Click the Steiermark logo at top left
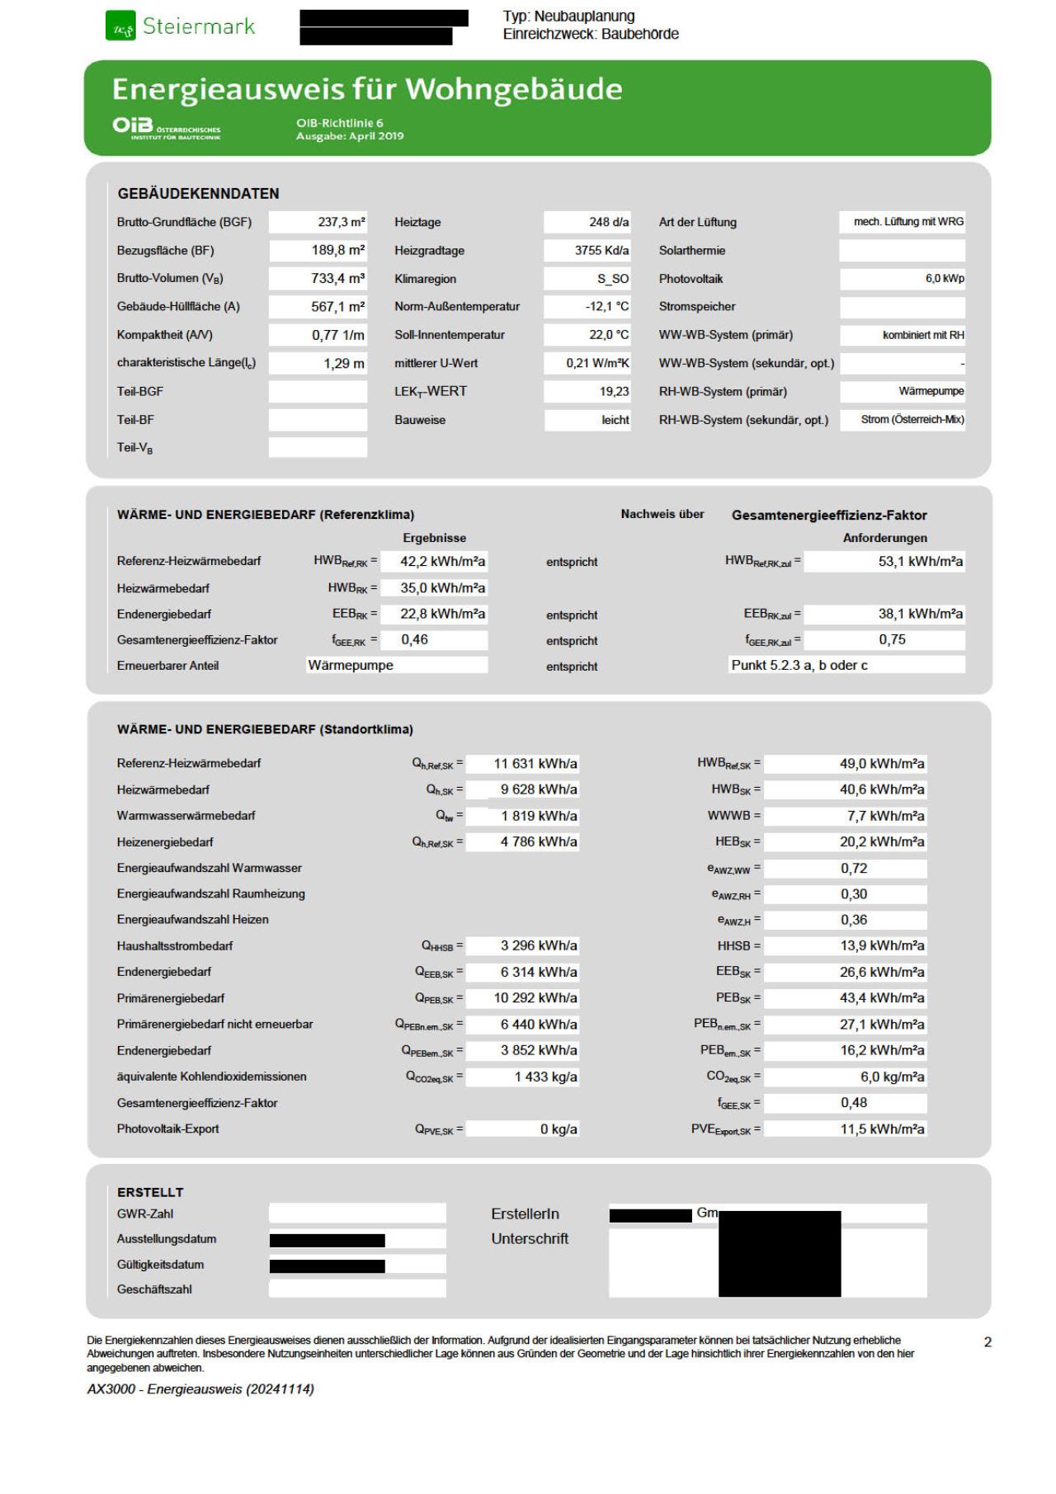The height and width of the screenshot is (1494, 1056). (180, 26)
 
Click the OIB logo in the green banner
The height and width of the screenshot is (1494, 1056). (166, 128)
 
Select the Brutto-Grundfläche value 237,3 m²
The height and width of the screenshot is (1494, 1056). (342, 222)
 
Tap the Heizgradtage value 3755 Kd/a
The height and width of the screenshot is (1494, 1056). (601, 250)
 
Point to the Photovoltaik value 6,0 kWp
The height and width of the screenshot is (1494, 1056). (944, 279)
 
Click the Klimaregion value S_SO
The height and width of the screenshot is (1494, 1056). (612, 279)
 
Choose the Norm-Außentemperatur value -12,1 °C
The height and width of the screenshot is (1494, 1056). (606, 307)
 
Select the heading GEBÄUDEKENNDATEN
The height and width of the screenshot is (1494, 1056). (198, 193)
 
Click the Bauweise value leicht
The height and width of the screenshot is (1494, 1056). (615, 420)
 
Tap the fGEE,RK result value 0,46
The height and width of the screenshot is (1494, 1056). (415, 639)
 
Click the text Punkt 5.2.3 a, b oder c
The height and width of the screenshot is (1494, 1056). (799, 665)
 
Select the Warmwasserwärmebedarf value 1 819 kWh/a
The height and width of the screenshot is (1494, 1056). (539, 816)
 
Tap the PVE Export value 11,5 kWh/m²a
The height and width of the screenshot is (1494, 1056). (882, 1129)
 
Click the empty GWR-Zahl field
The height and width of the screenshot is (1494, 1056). (356, 1214)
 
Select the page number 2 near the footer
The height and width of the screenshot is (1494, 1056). (988, 1342)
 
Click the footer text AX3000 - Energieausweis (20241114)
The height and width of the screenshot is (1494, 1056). (200, 1389)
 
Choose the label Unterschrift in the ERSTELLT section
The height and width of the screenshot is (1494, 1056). (530, 1238)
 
